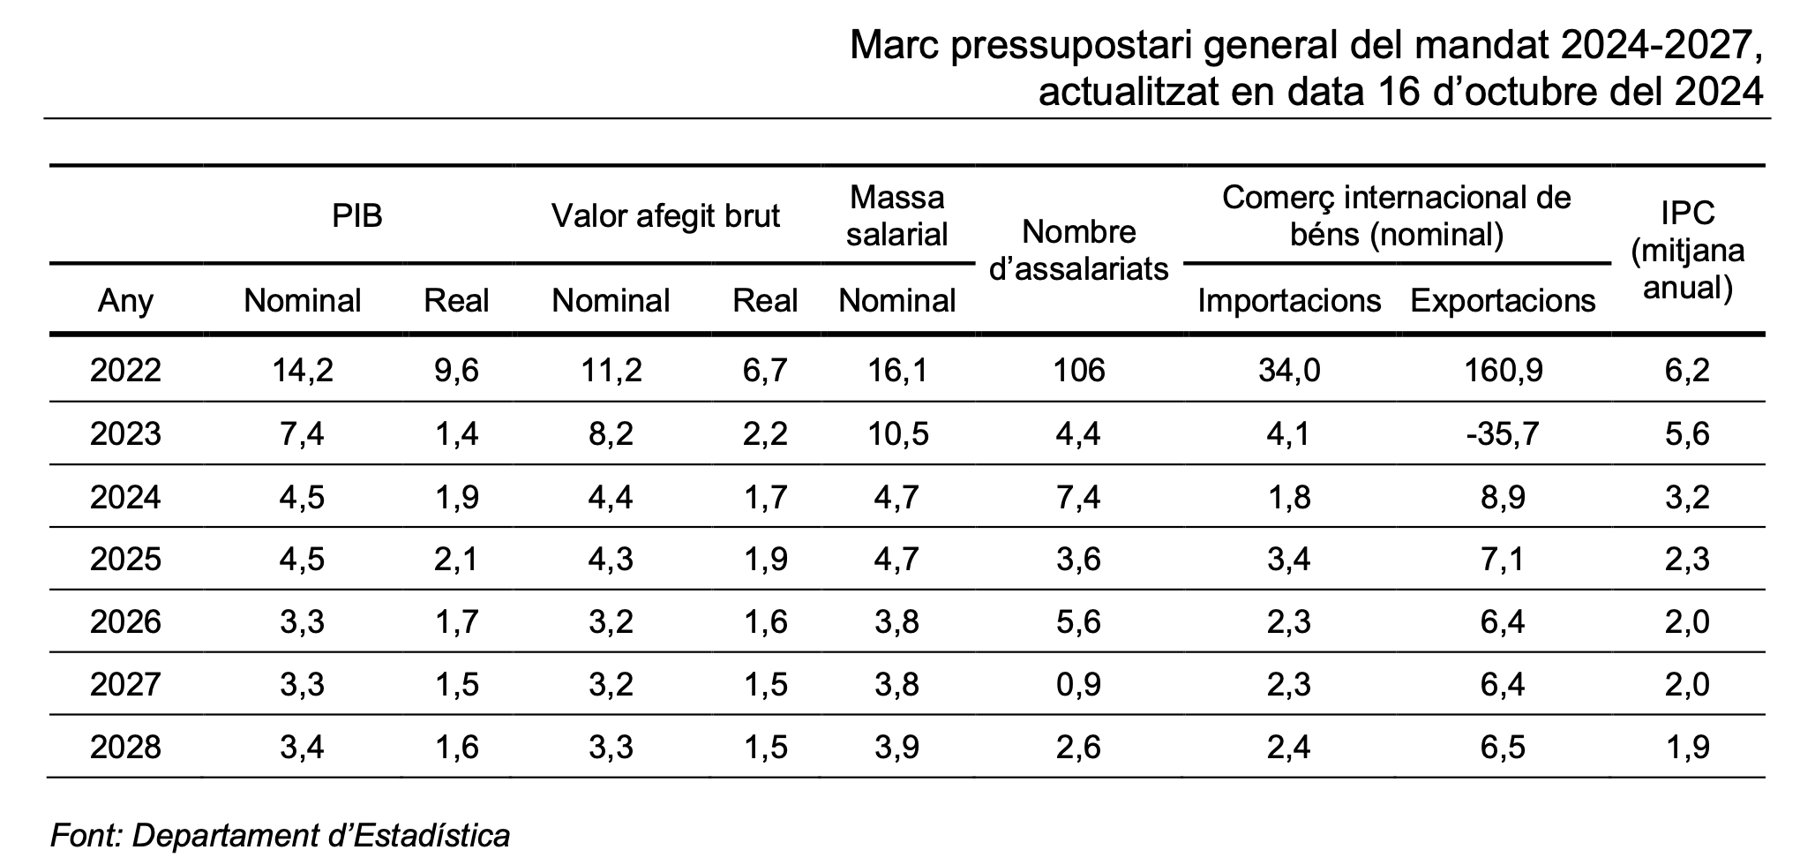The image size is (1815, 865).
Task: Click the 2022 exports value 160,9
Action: click(x=1503, y=370)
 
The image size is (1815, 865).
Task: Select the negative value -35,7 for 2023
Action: click(x=1503, y=433)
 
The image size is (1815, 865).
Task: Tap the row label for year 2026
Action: click(x=125, y=621)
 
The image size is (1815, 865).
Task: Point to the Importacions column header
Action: click(x=1288, y=301)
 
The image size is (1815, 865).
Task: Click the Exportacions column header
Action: click(x=1503, y=301)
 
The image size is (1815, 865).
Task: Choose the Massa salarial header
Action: click(x=896, y=215)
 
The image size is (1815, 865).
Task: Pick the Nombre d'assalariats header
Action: click(x=1078, y=250)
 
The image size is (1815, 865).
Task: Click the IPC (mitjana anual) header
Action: click(x=1687, y=250)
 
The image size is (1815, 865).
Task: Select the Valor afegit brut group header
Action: click(x=665, y=215)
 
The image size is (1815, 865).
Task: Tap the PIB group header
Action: click(x=357, y=215)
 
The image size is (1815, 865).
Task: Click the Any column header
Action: click(x=125, y=301)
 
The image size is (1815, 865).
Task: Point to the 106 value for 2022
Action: click(x=1078, y=370)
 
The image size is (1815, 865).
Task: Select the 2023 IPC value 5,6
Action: click(x=1687, y=433)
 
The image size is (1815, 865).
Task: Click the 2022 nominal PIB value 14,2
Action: click(x=302, y=370)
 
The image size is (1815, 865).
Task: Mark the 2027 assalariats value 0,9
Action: click(x=1078, y=684)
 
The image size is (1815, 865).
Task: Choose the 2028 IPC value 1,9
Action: click(x=1687, y=748)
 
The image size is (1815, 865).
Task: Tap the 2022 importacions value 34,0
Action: click(x=1288, y=370)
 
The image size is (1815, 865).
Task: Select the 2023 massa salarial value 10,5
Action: click(x=896, y=433)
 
